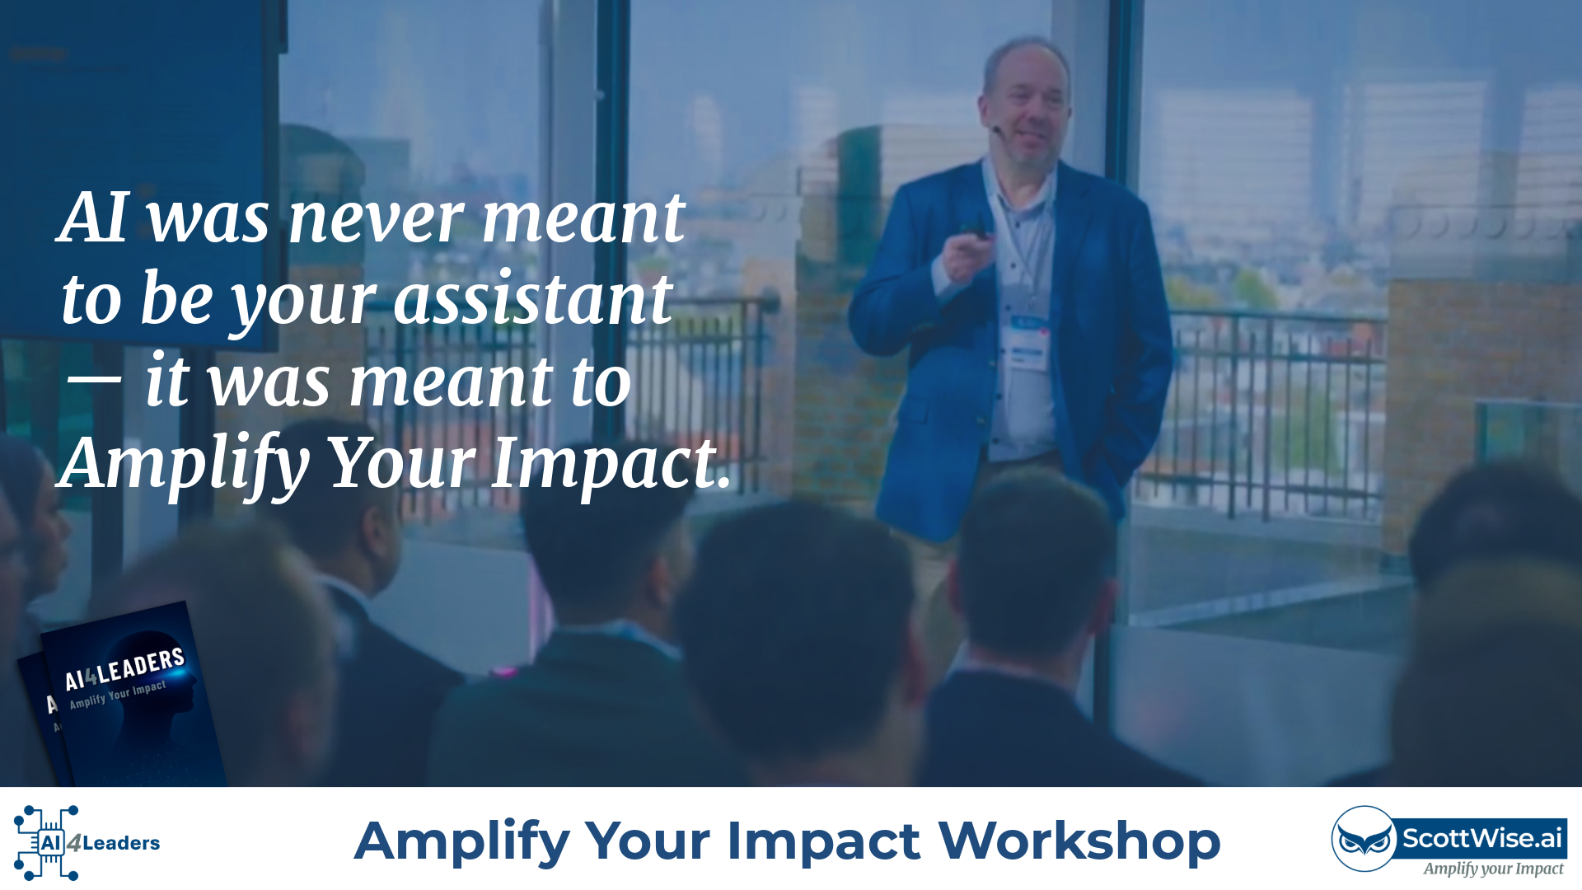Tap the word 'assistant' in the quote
pyautogui.click(x=533, y=298)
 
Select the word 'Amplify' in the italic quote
pyautogui.click(x=184, y=464)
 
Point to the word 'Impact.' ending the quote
pyautogui.click(x=611, y=464)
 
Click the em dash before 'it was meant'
pyautogui.click(x=93, y=381)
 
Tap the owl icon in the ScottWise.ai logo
pyautogui.click(x=1364, y=839)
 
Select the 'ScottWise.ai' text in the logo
pyautogui.click(x=1482, y=838)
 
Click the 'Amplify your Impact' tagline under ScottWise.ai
pyautogui.click(x=1493, y=869)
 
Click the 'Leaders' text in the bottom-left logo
pyautogui.click(x=121, y=843)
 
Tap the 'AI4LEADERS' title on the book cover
pyautogui.click(x=124, y=669)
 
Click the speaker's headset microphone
pyautogui.click(x=998, y=129)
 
